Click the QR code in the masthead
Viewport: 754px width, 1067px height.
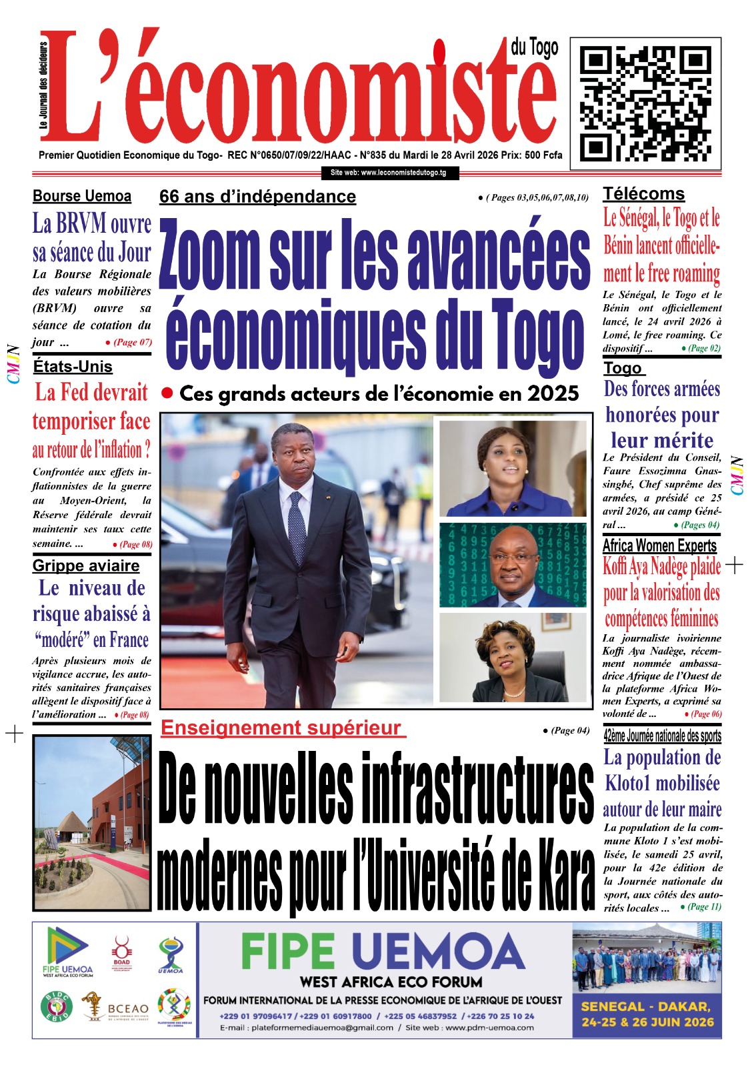(645, 99)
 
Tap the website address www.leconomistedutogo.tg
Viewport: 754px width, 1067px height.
(389, 173)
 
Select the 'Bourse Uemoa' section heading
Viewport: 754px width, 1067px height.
(82, 196)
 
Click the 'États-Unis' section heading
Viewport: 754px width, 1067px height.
(73, 366)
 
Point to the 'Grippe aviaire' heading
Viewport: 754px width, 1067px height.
(86, 566)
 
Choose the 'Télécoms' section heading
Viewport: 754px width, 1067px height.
(643, 194)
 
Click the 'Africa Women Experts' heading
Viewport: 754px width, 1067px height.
(659, 546)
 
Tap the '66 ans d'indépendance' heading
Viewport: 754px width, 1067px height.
(257, 197)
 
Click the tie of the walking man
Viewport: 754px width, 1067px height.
(296, 521)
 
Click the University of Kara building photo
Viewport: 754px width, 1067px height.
(91, 823)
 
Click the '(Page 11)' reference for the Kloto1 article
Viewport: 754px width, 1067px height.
(701, 907)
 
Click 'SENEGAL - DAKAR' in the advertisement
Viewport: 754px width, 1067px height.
(646, 1007)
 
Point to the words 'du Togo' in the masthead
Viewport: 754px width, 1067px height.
(535, 47)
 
